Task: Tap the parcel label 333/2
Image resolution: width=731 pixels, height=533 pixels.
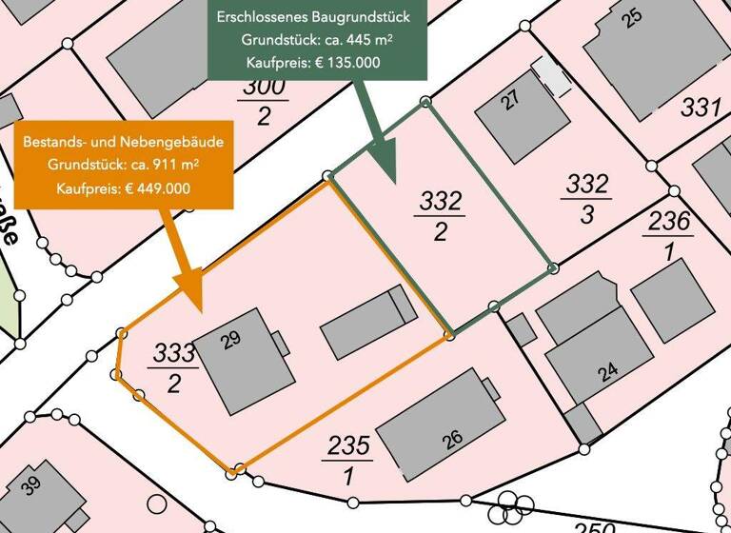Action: [x=173, y=366]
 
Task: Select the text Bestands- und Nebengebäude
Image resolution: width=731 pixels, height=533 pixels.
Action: [x=124, y=142]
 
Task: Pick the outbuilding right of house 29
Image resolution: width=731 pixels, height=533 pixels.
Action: [x=367, y=324]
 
